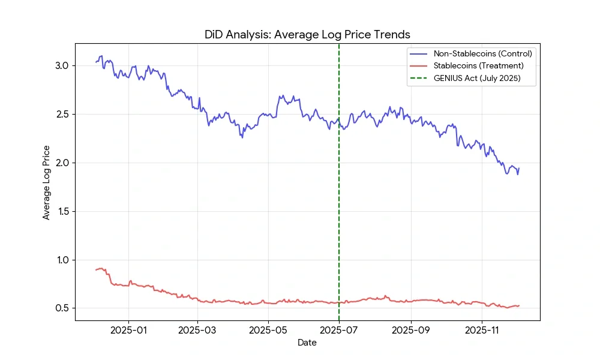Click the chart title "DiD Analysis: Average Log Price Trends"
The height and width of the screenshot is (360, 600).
tap(307, 35)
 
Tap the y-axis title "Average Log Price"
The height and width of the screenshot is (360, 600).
tap(46, 182)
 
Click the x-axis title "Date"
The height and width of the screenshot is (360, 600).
tap(307, 343)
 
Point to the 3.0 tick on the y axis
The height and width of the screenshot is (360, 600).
tap(62, 66)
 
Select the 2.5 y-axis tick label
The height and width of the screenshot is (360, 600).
tap(62, 115)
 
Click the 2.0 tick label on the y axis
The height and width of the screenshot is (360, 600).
tap(62, 163)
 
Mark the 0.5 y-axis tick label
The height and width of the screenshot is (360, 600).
tap(62, 308)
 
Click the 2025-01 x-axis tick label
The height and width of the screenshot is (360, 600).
tap(128, 330)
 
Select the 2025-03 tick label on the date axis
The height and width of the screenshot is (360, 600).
tap(197, 330)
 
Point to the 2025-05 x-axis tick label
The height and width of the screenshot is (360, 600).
tap(268, 330)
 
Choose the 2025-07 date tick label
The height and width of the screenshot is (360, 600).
tap(339, 330)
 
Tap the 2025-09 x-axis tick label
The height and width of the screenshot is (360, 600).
tap(411, 330)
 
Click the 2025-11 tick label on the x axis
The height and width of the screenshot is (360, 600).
tap(482, 330)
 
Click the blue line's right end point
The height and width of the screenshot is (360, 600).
tap(519, 168)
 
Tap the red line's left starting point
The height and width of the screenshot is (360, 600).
tap(96, 270)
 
